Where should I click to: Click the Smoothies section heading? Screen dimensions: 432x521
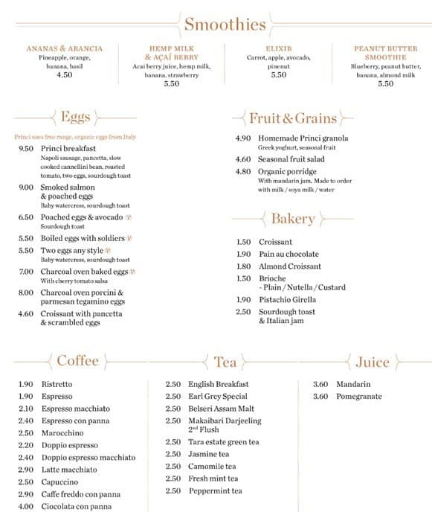(x=225, y=25)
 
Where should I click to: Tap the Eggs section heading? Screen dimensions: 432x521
(x=75, y=117)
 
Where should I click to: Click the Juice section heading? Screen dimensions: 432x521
(x=372, y=362)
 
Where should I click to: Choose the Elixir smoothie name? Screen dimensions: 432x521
(x=279, y=48)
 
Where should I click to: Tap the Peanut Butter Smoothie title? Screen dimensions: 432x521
(x=385, y=53)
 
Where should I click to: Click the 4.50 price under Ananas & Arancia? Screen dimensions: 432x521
(x=65, y=74)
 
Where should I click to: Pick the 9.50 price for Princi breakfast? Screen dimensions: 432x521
(x=26, y=148)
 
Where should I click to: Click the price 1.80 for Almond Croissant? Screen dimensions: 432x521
(x=243, y=266)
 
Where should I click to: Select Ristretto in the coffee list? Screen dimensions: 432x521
(x=57, y=384)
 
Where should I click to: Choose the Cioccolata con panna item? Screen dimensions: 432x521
(x=76, y=507)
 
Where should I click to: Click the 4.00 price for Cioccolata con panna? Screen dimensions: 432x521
(x=26, y=507)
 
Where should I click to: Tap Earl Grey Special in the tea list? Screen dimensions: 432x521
(x=218, y=397)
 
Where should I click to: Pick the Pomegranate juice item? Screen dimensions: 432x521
(x=358, y=397)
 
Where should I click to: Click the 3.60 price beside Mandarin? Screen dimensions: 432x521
(x=320, y=384)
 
